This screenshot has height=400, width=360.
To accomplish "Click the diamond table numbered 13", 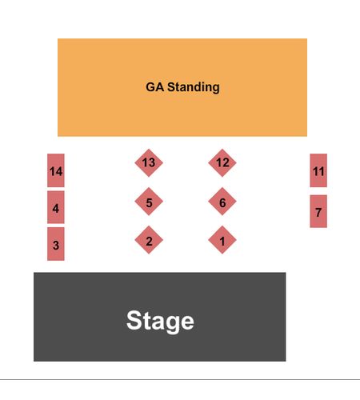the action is point(149,162).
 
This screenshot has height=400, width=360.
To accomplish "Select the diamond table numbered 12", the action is point(222,162).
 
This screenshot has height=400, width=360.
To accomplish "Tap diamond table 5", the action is point(149,202).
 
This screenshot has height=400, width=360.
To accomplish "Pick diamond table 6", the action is point(222,202).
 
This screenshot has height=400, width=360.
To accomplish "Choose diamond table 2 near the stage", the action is point(149,240).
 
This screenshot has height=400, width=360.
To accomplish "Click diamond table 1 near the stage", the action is point(222,240).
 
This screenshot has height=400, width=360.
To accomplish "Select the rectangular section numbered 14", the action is point(56,170).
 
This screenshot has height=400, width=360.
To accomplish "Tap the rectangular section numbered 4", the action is point(56,207).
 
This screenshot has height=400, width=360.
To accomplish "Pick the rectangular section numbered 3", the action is point(56,244).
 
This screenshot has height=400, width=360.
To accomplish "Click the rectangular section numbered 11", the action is point(318,170).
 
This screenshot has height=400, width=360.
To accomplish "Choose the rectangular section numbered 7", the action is point(318,211).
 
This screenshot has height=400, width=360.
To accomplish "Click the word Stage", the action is point(160,322).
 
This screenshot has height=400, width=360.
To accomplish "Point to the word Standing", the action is point(194,87).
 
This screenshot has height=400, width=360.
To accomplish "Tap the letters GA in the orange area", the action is point(154,87).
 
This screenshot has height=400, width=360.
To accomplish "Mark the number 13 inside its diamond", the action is point(149,162).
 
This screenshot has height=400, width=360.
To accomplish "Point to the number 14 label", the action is point(56,171).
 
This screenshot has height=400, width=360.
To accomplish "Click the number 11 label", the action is point(318,171).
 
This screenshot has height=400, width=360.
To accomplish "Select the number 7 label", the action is point(318,213).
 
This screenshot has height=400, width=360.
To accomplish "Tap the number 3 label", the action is point(56,246).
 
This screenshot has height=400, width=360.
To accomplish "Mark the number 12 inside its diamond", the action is point(222,162).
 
